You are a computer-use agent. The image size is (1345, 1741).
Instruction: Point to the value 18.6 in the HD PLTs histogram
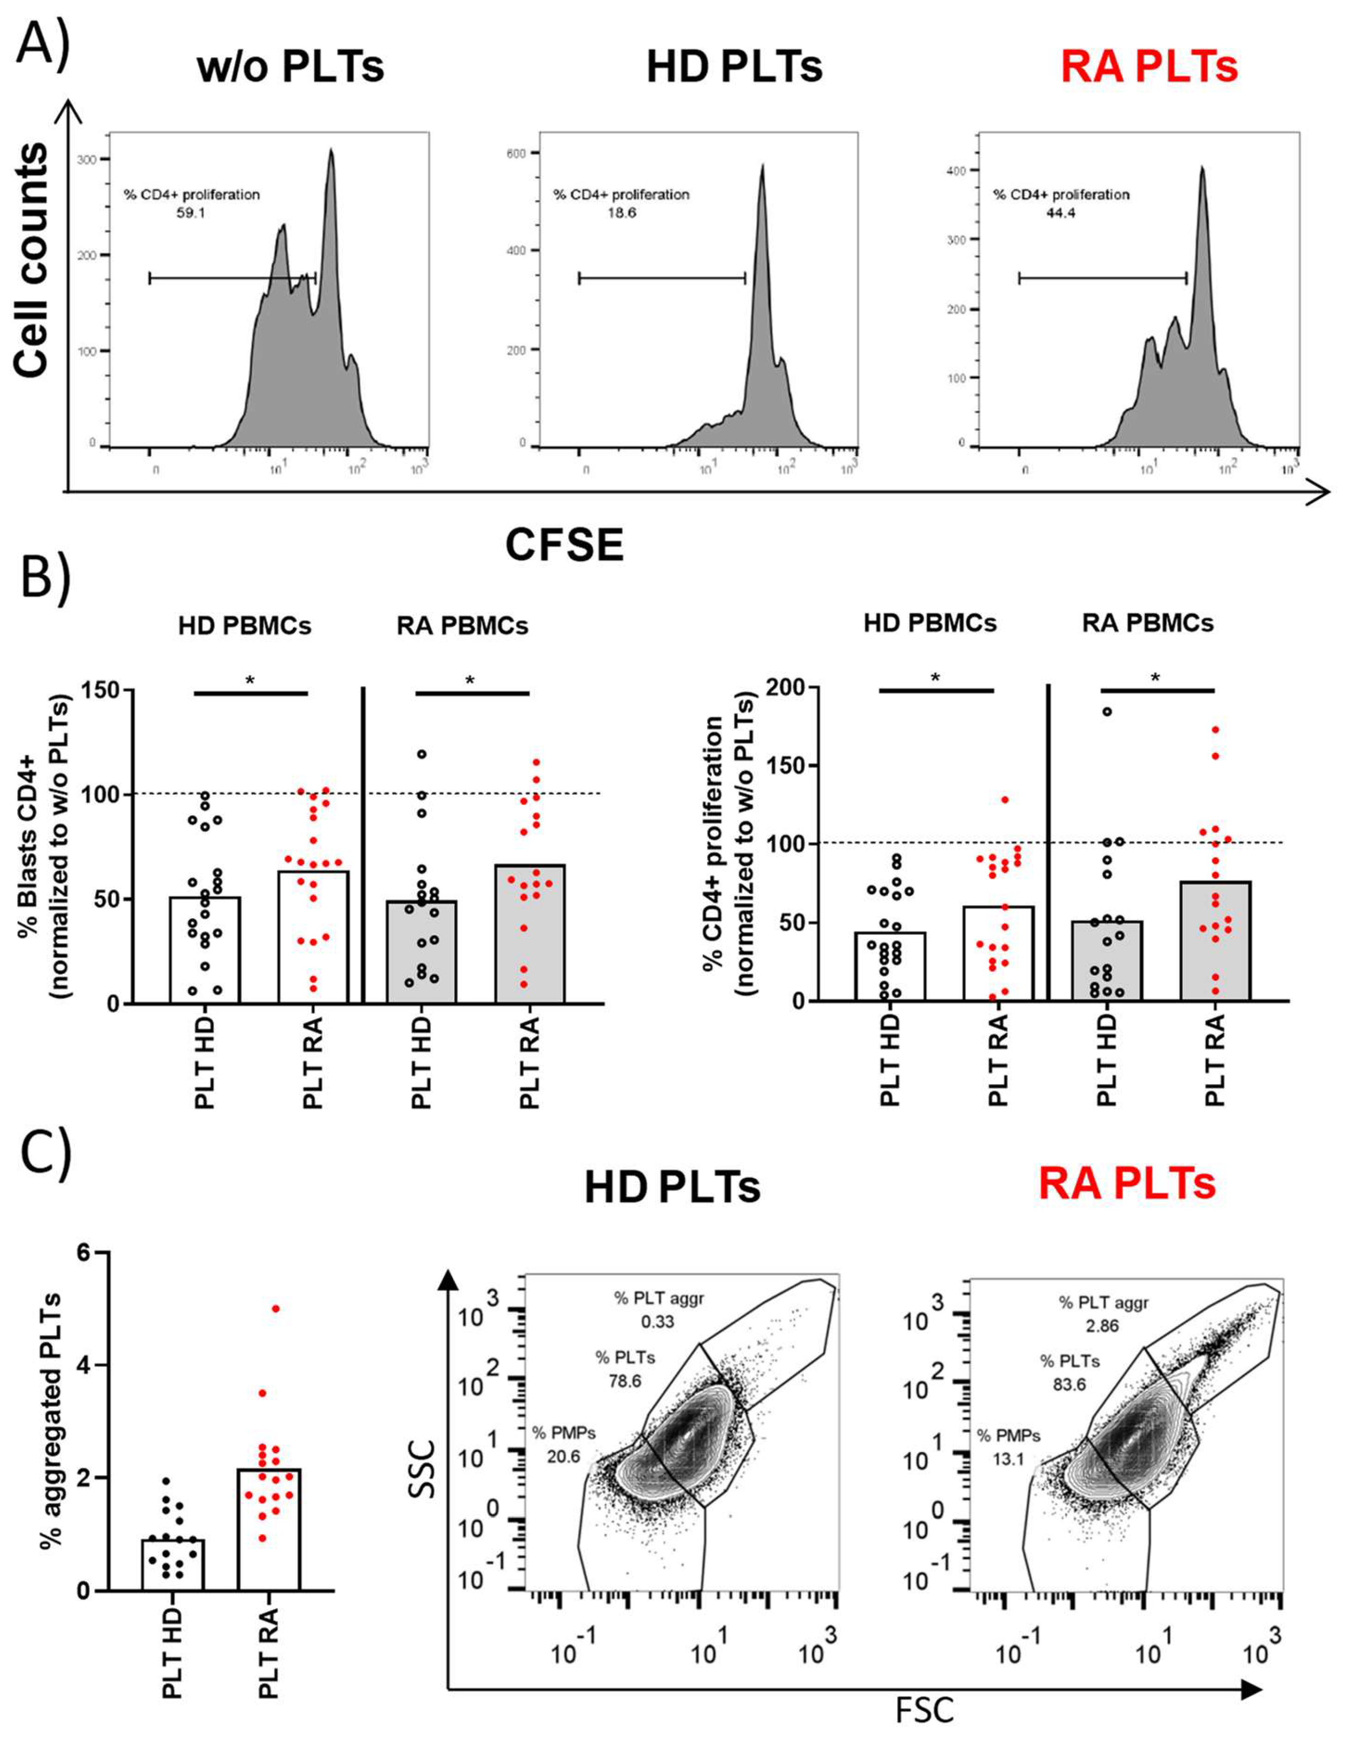621,213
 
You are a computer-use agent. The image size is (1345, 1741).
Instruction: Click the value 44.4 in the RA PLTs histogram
1061,213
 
